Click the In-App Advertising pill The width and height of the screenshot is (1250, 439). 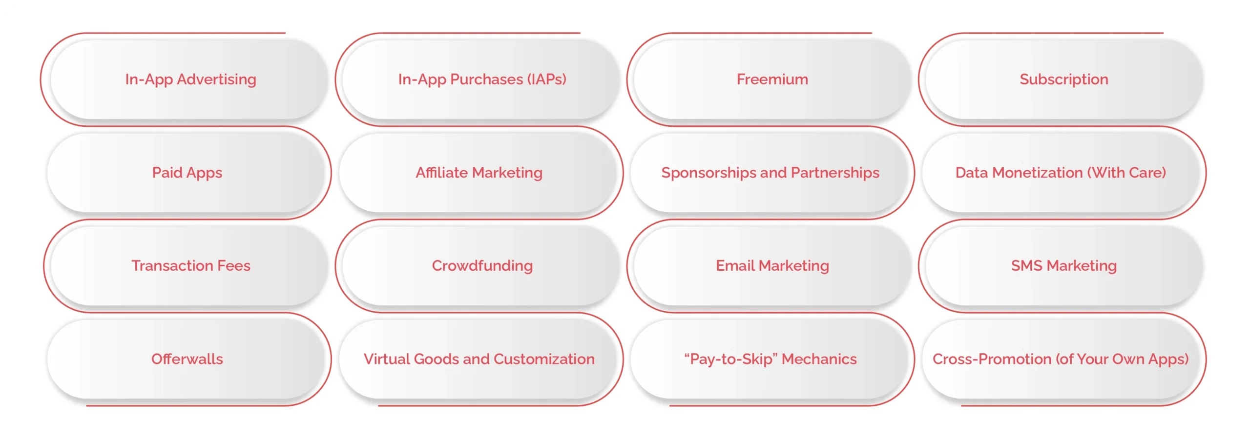point(190,79)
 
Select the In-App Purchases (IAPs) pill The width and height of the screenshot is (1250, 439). point(482,79)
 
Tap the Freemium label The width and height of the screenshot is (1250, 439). point(772,79)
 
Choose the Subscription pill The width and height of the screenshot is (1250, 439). point(1063,79)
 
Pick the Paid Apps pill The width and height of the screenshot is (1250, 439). point(187,173)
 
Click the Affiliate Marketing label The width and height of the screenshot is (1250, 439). point(479,173)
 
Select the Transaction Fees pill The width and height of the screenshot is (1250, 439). point(190,266)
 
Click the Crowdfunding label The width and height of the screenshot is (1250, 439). point(482,266)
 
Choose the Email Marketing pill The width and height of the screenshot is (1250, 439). point(772,266)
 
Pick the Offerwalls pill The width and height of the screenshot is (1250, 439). point(187,359)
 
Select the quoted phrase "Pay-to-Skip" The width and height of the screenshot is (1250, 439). point(730,359)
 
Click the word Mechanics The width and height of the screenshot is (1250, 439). point(819,359)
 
